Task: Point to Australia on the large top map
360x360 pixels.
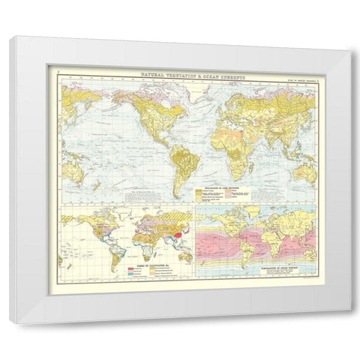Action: click(303, 171)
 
